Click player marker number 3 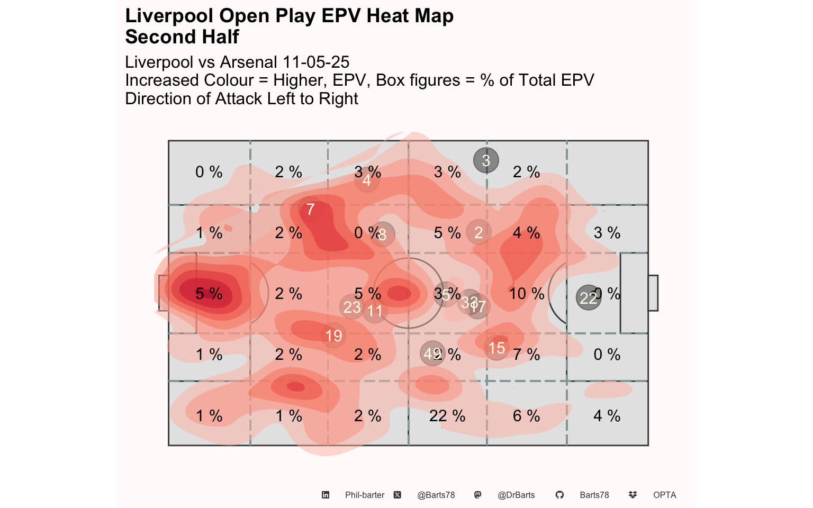[x=486, y=160]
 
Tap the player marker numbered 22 [x=588, y=298]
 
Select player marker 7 [x=311, y=210]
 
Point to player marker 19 [x=333, y=335]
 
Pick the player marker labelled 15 [x=496, y=348]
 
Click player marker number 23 [x=352, y=307]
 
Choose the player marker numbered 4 [x=367, y=181]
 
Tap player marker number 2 [x=478, y=232]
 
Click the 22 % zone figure [x=447, y=416]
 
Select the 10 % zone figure [x=527, y=294]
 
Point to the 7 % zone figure [x=527, y=355]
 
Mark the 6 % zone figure [x=527, y=416]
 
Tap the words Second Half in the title [x=182, y=37]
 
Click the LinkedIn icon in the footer [x=326, y=495]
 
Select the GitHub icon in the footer [x=559, y=495]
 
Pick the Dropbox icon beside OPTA [x=633, y=495]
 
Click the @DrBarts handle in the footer [x=516, y=495]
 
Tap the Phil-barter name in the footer [x=365, y=495]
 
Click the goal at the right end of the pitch [x=653, y=293]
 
